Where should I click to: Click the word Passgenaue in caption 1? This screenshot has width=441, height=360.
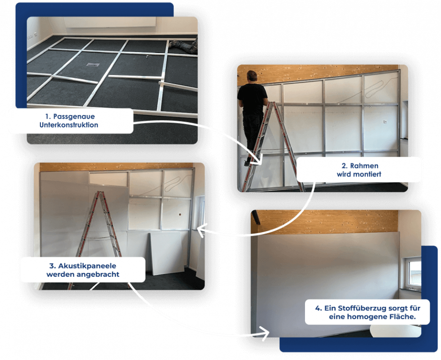[x=74, y=117]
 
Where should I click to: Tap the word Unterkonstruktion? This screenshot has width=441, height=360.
[x=69, y=125]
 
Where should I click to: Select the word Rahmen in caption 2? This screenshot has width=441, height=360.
[x=364, y=166]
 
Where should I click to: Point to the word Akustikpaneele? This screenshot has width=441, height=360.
[x=87, y=266]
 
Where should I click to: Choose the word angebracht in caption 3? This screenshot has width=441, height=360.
[x=100, y=274]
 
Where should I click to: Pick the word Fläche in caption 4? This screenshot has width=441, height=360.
[x=402, y=317]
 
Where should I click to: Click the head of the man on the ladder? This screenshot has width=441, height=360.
[x=252, y=76]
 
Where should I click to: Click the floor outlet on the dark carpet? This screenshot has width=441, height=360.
[x=93, y=65]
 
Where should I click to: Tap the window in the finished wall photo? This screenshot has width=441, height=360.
[x=414, y=273]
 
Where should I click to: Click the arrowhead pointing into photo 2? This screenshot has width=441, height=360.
[x=258, y=160]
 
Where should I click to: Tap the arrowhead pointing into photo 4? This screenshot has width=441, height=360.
[x=264, y=333]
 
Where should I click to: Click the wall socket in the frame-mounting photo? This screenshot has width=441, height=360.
[x=385, y=121]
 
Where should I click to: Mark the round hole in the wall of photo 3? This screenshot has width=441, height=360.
[x=180, y=215]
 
